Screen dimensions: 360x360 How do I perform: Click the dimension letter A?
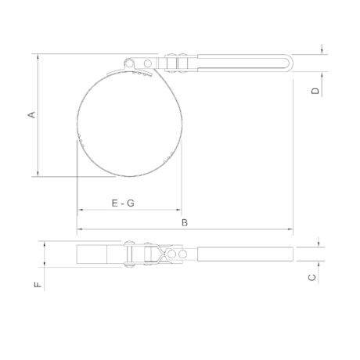(32, 115)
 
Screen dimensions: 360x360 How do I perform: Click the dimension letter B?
(185, 222)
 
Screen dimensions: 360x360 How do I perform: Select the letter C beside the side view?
(311, 276)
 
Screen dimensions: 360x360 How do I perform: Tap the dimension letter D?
(315, 91)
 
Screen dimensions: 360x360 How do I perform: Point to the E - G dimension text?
(123, 203)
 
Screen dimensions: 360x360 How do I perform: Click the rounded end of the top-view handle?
(290, 63)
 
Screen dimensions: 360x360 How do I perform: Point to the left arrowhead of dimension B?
(78, 230)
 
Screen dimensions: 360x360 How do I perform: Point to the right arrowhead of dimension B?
(290, 230)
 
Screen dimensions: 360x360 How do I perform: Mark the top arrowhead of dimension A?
(37, 56)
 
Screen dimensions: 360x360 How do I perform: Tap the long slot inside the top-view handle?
(243, 63)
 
